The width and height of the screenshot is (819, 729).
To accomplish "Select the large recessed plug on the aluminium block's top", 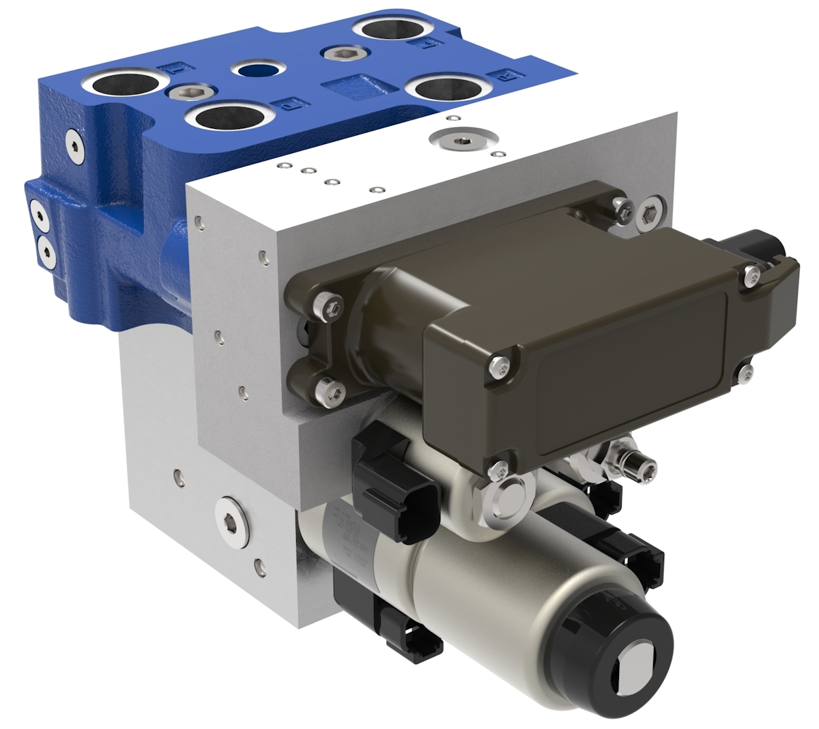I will click(460, 141).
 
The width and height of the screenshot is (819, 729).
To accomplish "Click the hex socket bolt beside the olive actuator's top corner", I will click(651, 213).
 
